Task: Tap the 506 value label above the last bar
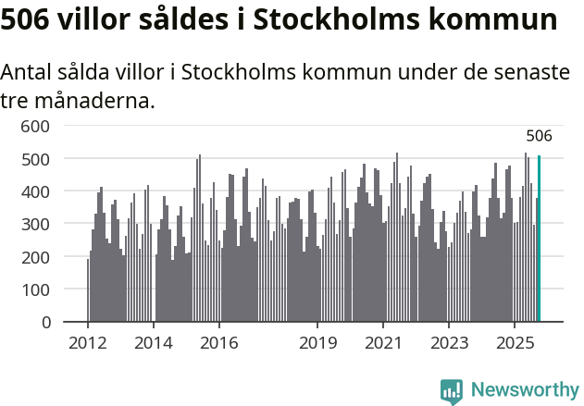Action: (x=539, y=136)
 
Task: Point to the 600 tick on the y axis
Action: (x=34, y=126)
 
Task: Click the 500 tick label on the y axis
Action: (x=34, y=159)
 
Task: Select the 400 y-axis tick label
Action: (x=34, y=191)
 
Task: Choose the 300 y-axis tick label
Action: (x=34, y=224)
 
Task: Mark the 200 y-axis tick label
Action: (x=34, y=257)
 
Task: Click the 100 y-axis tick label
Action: (x=34, y=289)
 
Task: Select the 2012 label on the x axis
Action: (x=88, y=344)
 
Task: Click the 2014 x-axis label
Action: (x=154, y=344)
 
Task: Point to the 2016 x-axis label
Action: (x=218, y=344)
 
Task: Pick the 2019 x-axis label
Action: (x=317, y=344)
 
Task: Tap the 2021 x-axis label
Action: (x=383, y=344)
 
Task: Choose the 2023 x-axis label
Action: (x=449, y=344)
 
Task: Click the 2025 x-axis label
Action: (x=514, y=344)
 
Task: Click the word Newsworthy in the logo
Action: (x=524, y=390)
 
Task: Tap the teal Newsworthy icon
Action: (x=452, y=391)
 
